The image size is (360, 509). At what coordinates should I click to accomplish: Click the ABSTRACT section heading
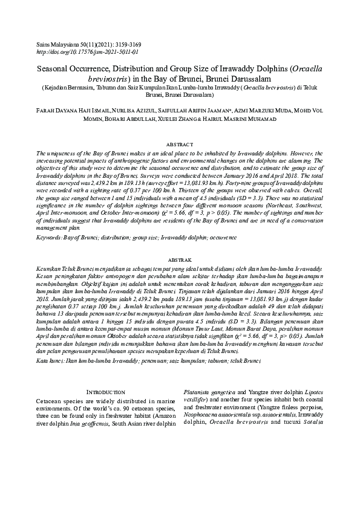coord(180,146)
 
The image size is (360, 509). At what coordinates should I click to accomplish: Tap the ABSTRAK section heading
coord(180,274)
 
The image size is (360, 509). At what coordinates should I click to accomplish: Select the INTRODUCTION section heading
coord(106,393)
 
